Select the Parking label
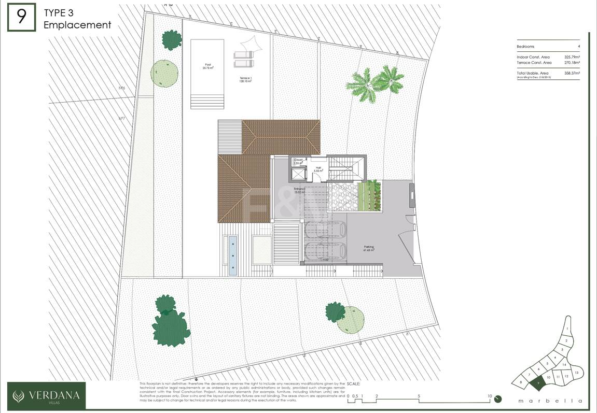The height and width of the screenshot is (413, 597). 369,248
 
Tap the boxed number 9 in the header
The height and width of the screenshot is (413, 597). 21,17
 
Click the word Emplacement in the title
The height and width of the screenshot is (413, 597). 77,24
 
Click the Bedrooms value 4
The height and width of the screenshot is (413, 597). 578,47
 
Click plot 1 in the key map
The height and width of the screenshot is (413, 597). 568,329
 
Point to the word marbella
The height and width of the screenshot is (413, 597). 550,401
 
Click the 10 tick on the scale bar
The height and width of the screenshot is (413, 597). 490,396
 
